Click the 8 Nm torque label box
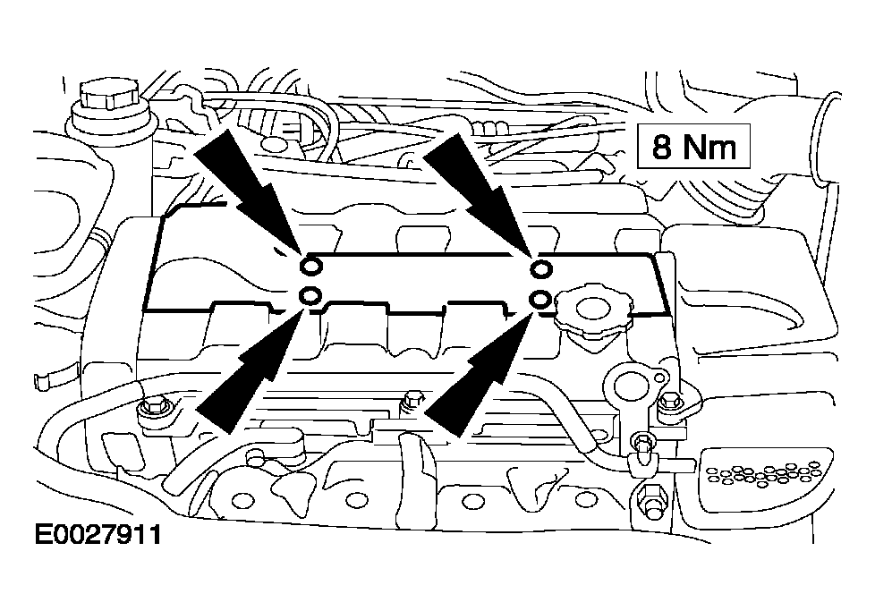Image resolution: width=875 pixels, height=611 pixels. (x=694, y=146)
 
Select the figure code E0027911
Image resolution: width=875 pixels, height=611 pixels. (x=98, y=535)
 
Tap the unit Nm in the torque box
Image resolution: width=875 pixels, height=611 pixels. (x=709, y=146)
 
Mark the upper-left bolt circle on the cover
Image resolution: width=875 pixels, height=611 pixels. (x=310, y=266)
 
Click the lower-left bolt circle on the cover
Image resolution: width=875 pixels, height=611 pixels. (x=310, y=296)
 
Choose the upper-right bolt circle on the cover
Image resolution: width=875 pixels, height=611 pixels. (x=540, y=268)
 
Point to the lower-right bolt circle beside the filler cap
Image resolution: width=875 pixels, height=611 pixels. (x=540, y=298)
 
